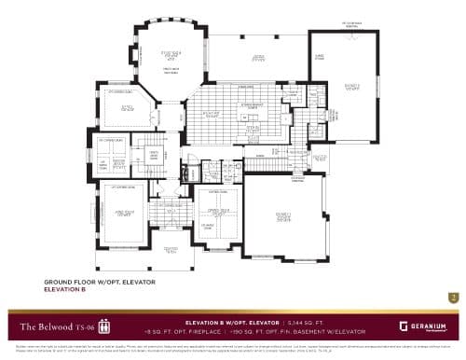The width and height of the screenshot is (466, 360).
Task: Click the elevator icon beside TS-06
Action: tap(103, 327)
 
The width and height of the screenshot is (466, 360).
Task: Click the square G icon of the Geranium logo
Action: tap(403, 326)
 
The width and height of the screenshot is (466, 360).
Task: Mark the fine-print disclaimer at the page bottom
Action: tap(233, 347)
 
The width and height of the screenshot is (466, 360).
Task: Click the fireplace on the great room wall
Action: tap(171, 62)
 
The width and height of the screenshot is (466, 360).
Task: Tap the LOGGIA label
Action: tap(258, 58)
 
